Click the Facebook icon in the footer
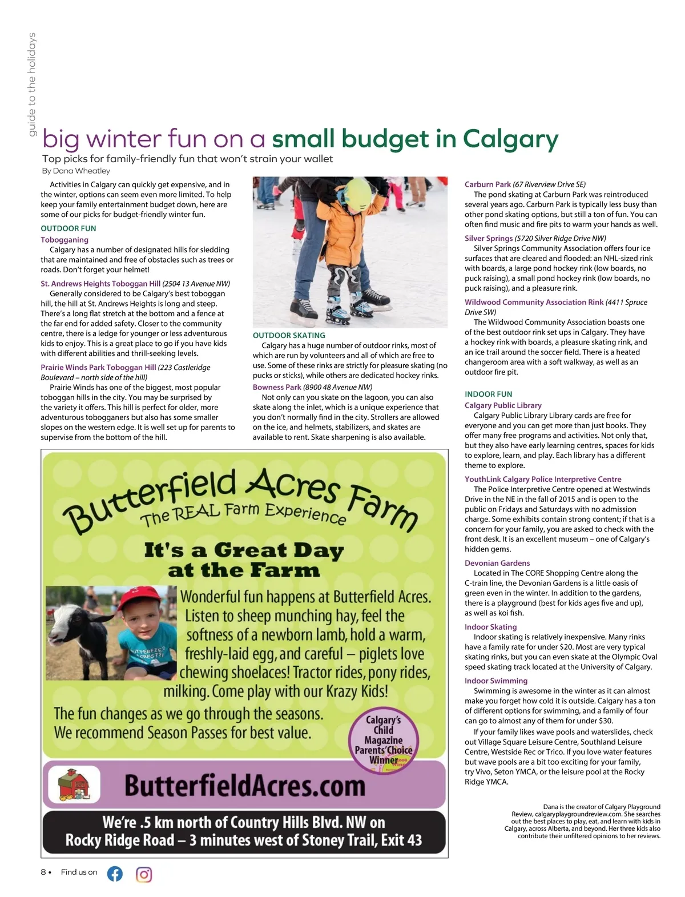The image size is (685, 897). [115, 874]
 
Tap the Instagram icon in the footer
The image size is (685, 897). [144, 874]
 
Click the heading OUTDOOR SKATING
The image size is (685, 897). [289, 336]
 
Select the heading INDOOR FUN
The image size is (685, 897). [488, 394]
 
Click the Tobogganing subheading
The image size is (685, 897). [65, 240]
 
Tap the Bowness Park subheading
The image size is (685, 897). [277, 387]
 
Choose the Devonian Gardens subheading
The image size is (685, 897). [497, 563]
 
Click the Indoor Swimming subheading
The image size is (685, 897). [496, 681]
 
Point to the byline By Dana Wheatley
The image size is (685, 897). [76, 171]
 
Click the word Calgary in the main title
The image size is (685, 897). [510, 139]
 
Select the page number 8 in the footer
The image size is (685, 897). [44, 872]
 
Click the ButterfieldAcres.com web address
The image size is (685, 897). [244, 786]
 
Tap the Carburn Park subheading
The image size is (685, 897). [487, 184]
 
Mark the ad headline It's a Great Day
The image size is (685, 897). [244, 550]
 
